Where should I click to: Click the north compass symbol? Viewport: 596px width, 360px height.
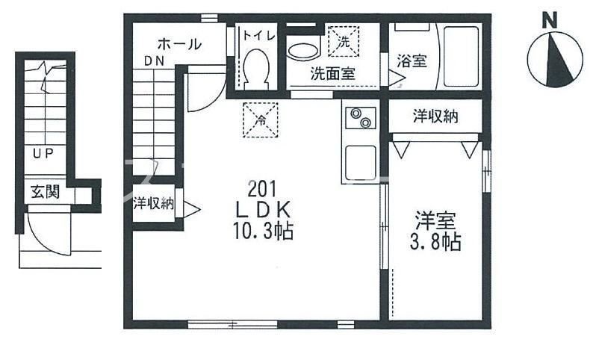554,60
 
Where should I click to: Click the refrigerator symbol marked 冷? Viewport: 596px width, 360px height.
261,118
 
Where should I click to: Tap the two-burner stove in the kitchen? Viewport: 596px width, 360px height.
359,119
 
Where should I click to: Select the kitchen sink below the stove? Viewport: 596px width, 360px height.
359,162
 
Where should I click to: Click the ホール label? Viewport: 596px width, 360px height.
179,44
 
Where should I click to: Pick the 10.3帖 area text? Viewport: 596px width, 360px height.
261,232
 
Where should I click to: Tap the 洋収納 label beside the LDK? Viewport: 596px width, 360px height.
154,203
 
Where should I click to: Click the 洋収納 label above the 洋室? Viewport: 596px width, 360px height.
435,117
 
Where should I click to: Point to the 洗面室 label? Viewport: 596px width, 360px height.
332,74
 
